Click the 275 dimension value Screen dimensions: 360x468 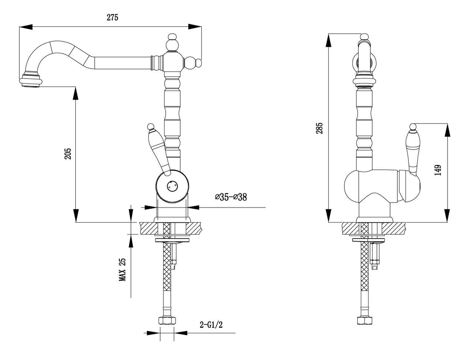(x=113, y=17)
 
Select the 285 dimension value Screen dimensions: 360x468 (x=319, y=128)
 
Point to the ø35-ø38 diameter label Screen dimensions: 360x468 (x=231, y=197)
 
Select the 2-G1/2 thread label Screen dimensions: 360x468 (x=211, y=325)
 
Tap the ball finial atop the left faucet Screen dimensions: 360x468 (x=172, y=43)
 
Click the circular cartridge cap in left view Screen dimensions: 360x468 (x=171, y=186)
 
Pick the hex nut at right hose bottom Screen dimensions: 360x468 (x=364, y=321)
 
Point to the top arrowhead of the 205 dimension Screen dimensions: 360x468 (x=76, y=94)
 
